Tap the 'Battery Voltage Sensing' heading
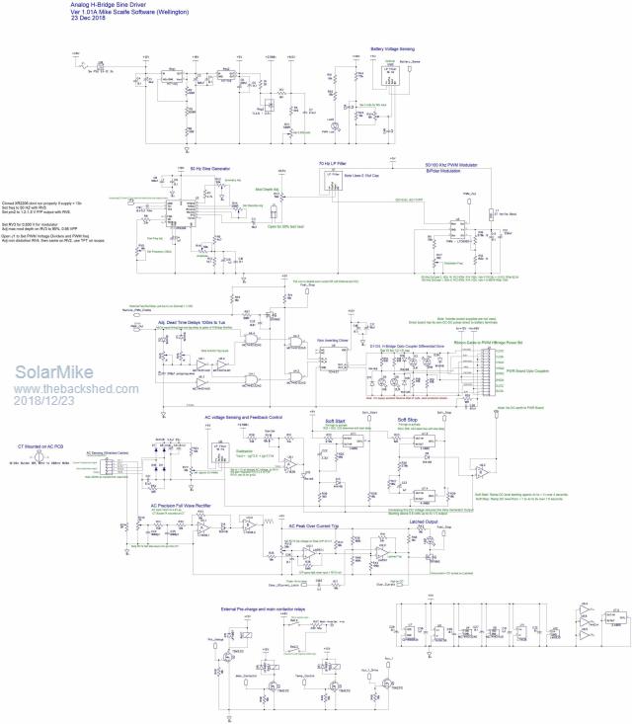(x=392, y=47)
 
